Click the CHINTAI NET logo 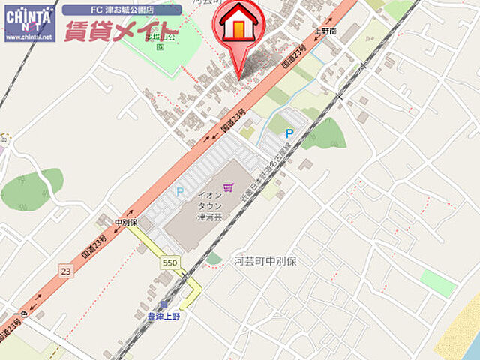pos(28,16)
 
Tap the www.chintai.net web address pos(28,35)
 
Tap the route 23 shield pos(66,269)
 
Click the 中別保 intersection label pos(126,223)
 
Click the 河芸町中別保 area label pos(266,261)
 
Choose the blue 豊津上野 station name pos(163,316)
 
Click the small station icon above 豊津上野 pos(163,304)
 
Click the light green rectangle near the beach pos(438,283)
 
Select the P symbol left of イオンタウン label pos(179,192)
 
